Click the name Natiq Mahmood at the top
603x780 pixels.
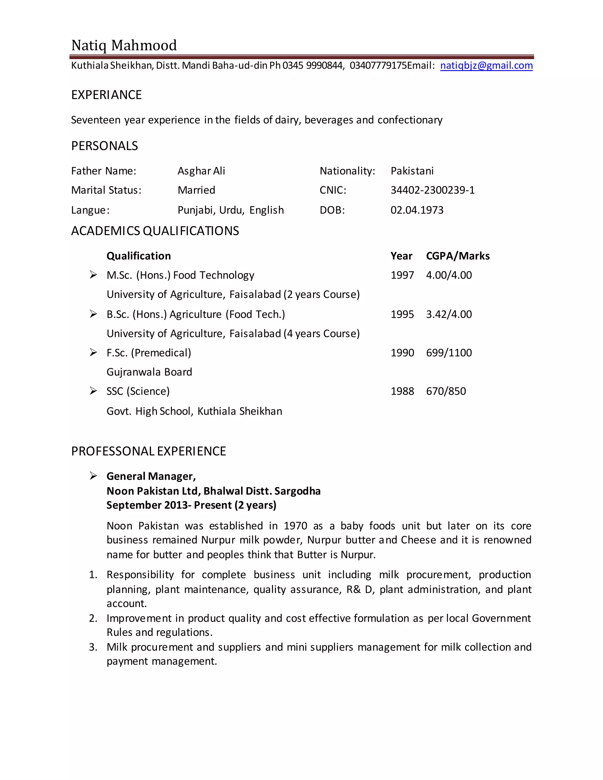point(124,45)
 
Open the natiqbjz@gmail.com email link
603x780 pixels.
point(486,65)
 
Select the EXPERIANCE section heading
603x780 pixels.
point(107,95)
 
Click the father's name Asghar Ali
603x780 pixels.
point(201,171)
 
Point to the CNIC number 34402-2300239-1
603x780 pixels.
point(432,190)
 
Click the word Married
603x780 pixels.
point(196,190)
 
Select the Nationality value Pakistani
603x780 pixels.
point(412,171)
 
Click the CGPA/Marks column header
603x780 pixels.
point(458,256)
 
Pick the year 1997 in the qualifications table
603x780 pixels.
point(402,276)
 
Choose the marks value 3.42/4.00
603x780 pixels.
point(449,314)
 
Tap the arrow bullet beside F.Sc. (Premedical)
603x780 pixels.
point(93,353)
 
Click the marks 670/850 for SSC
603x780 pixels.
point(446,391)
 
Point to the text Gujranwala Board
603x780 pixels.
point(149,372)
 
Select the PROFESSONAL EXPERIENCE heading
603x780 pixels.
point(149,452)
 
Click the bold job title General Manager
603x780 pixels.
point(151,477)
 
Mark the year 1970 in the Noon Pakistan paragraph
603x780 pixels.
point(295,526)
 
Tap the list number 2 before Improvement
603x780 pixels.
point(92,618)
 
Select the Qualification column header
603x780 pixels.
point(139,256)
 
